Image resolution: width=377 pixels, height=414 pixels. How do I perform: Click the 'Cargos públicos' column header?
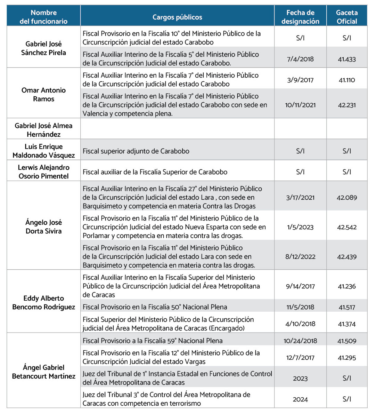coord(177,17)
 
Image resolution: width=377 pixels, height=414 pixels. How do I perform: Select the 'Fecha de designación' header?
coord(300,17)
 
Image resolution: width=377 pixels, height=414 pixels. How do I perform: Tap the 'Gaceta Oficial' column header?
coord(346,17)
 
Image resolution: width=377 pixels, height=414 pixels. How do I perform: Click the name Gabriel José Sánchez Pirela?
coord(43,48)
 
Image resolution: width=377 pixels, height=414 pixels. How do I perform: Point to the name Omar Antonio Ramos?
coord(43,95)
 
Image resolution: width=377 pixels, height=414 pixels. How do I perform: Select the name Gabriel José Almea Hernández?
coord(43,130)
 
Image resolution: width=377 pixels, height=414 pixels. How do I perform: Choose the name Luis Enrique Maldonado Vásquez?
coord(43,151)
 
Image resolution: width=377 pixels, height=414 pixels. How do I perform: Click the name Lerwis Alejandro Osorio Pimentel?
coord(43,172)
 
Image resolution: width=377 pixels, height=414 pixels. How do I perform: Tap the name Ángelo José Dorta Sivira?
coord(43,227)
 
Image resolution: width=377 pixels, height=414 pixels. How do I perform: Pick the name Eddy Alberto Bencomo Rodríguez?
coord(43,303)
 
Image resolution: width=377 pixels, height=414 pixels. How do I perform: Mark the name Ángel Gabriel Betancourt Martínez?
coord(43,372)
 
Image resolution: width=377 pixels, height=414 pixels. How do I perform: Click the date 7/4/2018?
coord(300,59)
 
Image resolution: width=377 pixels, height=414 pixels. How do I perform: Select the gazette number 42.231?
coord(347,105)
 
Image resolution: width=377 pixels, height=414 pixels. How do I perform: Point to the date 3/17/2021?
coord(300,198)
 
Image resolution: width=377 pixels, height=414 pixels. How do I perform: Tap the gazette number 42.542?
coord(347,227)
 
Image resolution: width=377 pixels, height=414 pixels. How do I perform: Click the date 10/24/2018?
coord(300,341)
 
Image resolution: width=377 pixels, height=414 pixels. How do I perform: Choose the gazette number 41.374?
coord(347,324)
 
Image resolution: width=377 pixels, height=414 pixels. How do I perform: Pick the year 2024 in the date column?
coord(300,399)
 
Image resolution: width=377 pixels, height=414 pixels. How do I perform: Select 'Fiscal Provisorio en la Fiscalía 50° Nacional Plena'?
coord(155,307)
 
